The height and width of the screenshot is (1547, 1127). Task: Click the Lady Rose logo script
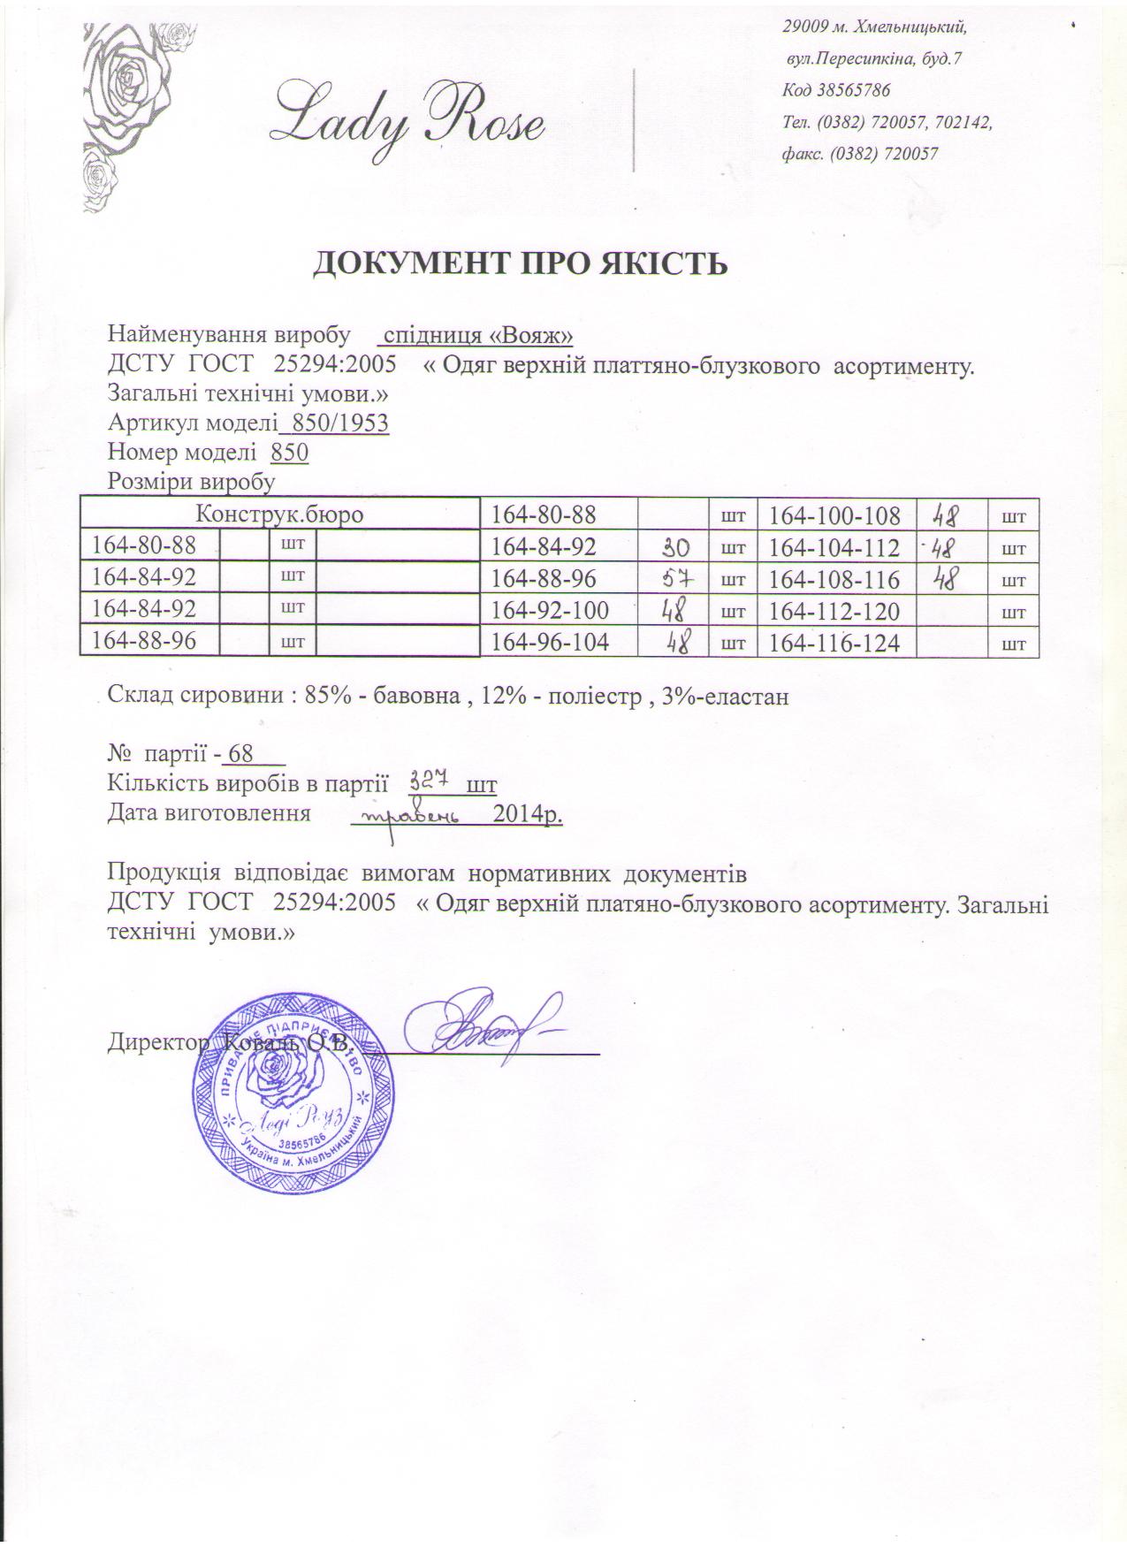point(408,118)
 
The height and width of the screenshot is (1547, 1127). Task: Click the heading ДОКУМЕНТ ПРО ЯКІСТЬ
point(522,263)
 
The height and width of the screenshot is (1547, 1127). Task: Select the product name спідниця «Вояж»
point(476,336)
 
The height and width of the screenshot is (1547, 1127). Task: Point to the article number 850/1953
point(335,423)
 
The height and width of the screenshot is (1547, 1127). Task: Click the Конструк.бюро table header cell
point(279,514)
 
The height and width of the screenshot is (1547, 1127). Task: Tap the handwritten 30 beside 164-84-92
point(681,548)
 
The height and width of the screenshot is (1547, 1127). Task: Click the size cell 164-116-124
point(834,643)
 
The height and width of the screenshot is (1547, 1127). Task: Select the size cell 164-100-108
point(834,515)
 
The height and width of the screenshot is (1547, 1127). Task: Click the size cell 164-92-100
point(550,611)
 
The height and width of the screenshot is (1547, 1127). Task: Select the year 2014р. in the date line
point(528,814)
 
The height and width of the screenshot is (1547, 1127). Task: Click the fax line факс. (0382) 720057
point(859,154)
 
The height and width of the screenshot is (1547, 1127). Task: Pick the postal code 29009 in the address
point(803,27)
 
